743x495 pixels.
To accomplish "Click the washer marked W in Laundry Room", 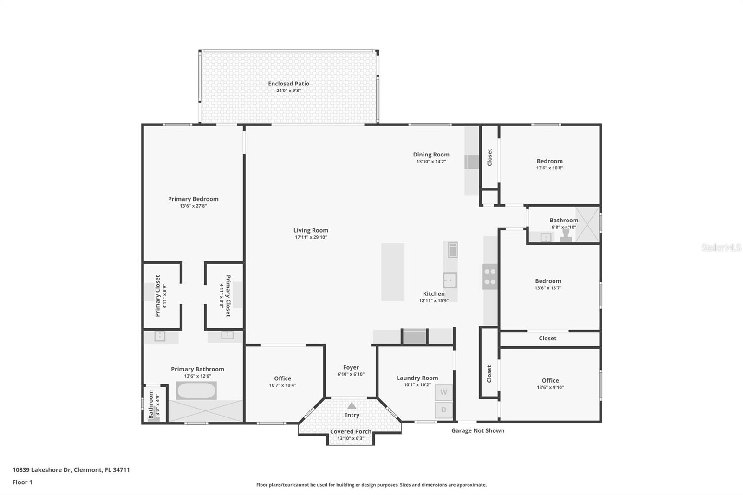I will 443,392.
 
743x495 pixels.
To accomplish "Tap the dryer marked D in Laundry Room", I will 443,410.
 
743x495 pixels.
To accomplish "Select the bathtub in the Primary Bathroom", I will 196,391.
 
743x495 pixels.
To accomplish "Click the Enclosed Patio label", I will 288,84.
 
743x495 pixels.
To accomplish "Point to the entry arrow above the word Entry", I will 352,405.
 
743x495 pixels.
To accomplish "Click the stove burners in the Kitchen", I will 490,276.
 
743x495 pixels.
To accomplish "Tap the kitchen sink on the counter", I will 450,280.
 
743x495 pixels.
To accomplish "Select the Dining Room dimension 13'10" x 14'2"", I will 431,162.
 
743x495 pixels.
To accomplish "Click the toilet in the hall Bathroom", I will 566,236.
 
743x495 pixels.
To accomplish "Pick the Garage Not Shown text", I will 478,430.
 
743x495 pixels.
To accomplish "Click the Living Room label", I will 311,230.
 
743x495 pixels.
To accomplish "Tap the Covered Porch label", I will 351,431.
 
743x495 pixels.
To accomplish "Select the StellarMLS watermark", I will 721,248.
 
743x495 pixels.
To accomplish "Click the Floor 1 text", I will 22,482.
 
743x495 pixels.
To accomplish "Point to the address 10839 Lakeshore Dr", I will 71,469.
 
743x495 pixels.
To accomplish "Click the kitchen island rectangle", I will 392,272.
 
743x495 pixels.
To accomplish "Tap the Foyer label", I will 351,367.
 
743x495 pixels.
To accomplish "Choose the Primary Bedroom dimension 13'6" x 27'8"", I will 193,206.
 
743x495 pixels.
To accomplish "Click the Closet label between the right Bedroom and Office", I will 547,338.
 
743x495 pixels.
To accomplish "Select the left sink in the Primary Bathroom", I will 160,336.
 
